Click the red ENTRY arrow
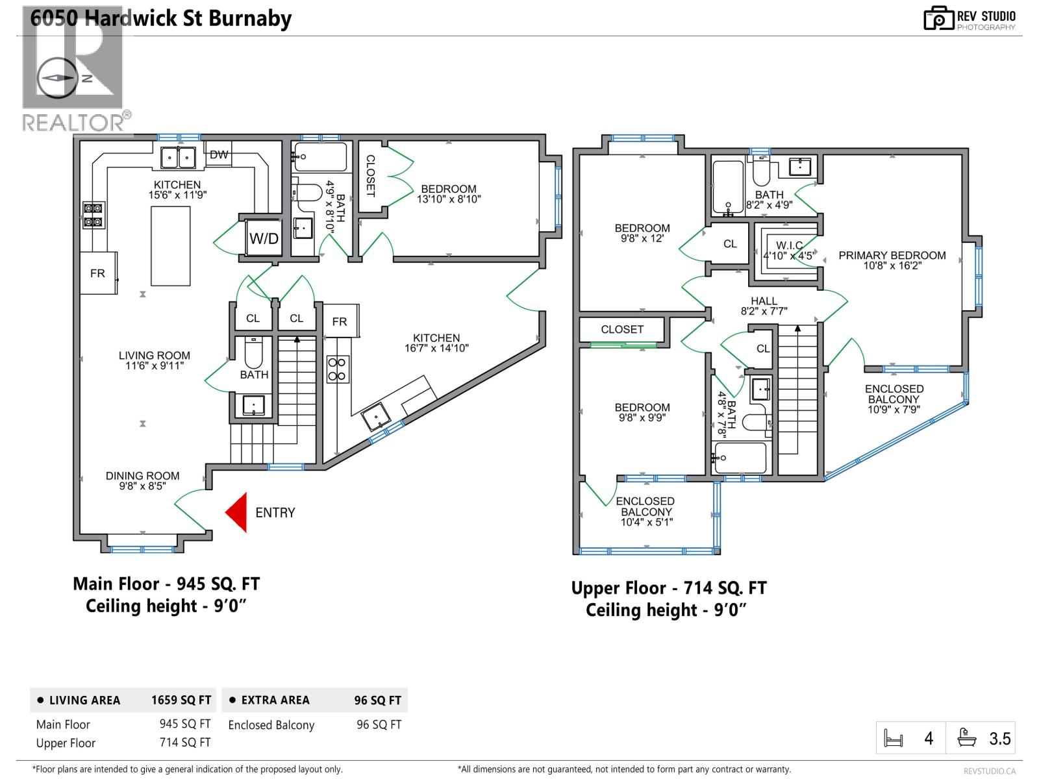point(238,512)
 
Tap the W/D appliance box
point(264,238)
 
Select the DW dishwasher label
point(219,155)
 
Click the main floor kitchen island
point(171,246)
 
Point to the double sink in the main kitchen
point(179,157)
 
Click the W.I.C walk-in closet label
point(789,250)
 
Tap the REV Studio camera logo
point(938,19)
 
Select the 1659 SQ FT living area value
point(181,700)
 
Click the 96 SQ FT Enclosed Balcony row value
point(379,724)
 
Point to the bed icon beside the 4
point(894,739)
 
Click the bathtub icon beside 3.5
point(967,739)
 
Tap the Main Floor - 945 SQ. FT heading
point(166,584)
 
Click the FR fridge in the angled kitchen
point(340,321)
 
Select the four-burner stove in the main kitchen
point(94,216)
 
